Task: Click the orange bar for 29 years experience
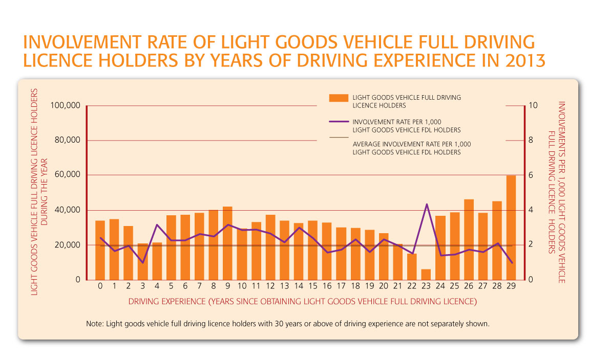[x=511, y=228]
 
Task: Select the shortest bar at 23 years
[x=426, y=275]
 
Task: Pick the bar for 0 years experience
[x=100, y=251]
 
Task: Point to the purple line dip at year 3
[x=143, y=263]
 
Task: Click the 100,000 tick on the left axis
[x=66, y=106]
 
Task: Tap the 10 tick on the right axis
[x=533, y=106]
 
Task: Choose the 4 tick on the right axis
[x=531, y=210]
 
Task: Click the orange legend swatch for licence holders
[x=339, y=98]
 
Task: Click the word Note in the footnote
[x=95, y=324]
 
